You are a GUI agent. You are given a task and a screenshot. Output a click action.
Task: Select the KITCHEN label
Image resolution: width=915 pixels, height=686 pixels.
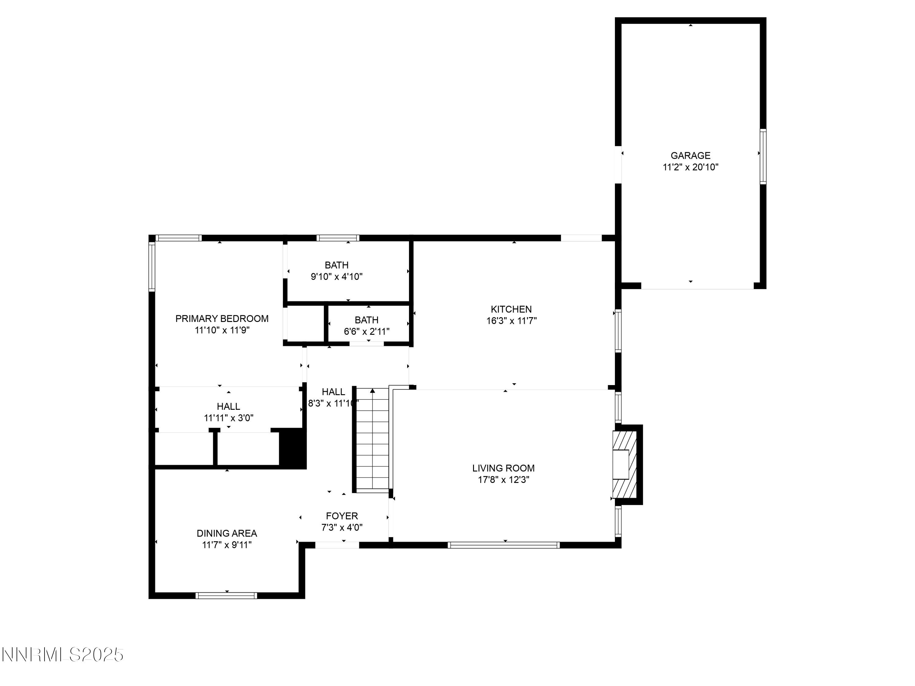[511, 309]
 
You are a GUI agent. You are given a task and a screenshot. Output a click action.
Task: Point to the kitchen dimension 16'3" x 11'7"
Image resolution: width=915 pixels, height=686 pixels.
[511, 321]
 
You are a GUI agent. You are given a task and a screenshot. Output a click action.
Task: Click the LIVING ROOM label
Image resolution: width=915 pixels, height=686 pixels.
[503, 468]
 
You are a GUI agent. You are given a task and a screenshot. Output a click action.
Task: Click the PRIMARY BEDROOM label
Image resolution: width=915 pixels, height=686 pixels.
[222, 318]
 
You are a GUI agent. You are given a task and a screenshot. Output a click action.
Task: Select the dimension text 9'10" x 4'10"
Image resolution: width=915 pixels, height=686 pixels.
[336, 277]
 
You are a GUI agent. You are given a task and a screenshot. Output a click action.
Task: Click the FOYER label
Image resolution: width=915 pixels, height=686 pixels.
[342, 516]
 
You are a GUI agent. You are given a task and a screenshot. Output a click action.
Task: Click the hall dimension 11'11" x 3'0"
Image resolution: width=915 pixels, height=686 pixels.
[228, 418]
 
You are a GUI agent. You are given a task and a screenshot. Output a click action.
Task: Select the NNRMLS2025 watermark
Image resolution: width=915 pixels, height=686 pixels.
[63, 655]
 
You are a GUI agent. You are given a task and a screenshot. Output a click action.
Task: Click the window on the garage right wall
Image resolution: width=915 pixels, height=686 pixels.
[763, 156]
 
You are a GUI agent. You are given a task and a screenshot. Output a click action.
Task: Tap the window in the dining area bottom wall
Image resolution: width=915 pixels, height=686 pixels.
[226, 595]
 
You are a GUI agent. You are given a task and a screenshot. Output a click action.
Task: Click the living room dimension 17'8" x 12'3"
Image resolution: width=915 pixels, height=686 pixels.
[503, 480]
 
